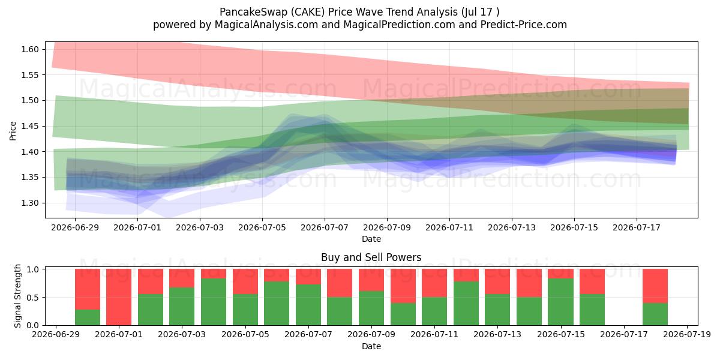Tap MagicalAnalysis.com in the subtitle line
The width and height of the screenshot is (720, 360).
266,25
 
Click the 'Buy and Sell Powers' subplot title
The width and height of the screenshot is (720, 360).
371,257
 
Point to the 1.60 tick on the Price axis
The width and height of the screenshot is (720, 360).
30,49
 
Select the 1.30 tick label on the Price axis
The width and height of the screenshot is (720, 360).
30,203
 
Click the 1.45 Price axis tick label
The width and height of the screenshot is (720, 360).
30,126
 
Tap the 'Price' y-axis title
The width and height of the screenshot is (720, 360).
13,131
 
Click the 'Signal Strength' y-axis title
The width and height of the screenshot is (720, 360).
17,296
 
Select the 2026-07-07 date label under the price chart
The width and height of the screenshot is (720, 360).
325,227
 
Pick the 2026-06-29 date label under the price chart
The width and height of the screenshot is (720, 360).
75,227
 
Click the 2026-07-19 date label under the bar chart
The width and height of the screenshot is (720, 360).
687,335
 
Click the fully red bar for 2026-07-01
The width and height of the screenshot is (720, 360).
119,297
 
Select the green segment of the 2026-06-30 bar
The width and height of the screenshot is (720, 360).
88,317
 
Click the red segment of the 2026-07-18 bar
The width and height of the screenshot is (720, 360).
655,286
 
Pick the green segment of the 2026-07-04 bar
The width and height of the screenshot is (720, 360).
214,302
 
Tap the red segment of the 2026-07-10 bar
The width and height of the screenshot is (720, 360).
403,286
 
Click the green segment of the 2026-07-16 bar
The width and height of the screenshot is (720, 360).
592,310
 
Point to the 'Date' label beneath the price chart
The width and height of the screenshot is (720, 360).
371,239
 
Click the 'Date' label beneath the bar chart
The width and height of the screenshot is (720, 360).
371,346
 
